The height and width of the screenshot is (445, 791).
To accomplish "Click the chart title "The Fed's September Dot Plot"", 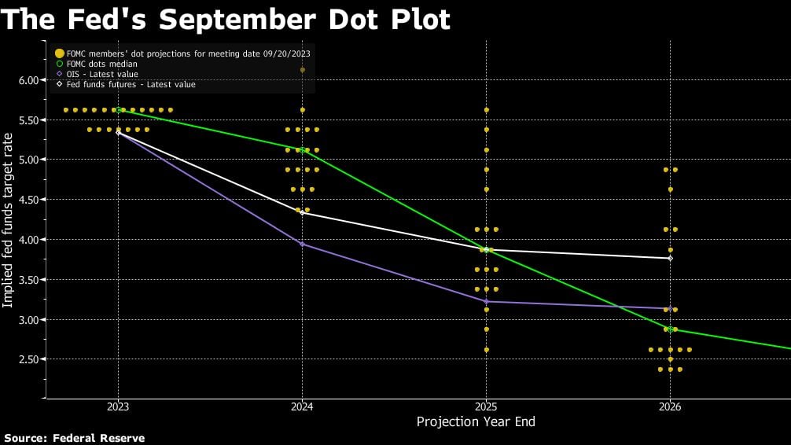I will (x=226, y=19).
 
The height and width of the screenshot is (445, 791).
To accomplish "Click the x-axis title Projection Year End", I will (x=475, y=422).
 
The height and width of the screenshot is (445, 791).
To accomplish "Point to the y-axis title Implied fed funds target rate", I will (x=9, y=219).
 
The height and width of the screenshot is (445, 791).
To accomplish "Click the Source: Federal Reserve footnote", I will (x=75, y=438).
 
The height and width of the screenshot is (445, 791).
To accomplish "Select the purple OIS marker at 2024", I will (x=302, y=244).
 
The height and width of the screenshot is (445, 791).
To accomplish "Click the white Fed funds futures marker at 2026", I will (x=670, y=258).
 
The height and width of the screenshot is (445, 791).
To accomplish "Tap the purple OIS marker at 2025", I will (x=486, y=301).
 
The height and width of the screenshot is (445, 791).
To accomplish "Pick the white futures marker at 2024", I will (x=302, y=212).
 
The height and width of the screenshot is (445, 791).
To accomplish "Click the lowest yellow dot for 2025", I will (x=486, y=350).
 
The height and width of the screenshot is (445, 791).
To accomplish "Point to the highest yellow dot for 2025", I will (x=486, y=110).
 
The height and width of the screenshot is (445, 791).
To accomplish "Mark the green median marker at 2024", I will (x=302, y=149).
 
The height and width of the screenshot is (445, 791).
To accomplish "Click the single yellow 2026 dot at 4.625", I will (x=670, y=189).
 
